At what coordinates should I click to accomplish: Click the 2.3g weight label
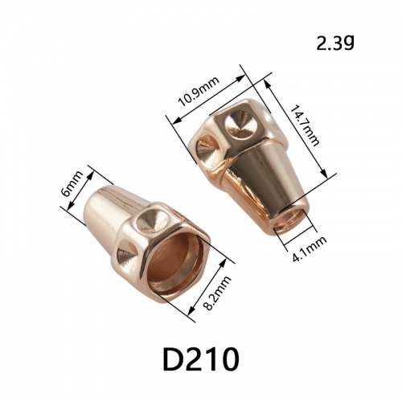point(335,43)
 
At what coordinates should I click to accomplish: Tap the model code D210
point(201,359)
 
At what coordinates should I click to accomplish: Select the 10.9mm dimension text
point(199,92)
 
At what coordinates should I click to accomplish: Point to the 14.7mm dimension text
point(305,125)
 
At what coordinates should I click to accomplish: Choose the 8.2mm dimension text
point(217,293)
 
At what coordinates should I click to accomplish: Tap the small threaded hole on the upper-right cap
point(290,218)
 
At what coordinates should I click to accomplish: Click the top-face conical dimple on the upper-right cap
point(239,125)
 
